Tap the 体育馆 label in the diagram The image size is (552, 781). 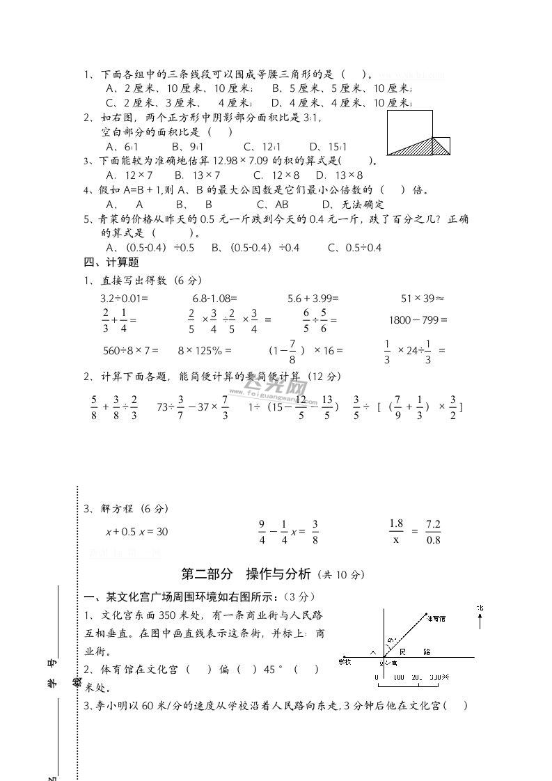[437, 618]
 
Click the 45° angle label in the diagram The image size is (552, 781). [393, 640]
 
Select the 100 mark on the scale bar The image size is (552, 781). [398, 677]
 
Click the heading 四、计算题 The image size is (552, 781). [111, 262]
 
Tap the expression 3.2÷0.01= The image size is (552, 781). [125, 298]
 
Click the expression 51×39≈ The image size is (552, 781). [423, 298]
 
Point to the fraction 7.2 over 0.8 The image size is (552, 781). [434, 531]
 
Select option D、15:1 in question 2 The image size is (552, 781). [328, 147]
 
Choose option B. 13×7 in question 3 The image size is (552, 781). [197, 175]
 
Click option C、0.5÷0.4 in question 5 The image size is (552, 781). [354, 248]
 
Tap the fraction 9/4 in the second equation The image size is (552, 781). [262, 531]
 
